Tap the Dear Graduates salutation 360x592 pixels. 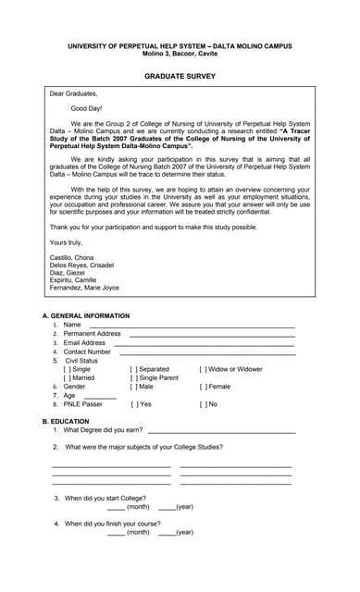tap(73, 93)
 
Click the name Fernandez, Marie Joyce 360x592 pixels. tap(84, 288)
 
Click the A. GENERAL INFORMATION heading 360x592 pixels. tap(86, 315)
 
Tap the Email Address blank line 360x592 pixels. tap(204, 343)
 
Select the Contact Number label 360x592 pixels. tap(87, 351)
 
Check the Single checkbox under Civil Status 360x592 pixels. tap(68, 369)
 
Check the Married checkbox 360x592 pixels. tap(68, 377)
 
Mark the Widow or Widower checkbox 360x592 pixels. tap(204, 369)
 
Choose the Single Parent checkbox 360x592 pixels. tap(134, 377)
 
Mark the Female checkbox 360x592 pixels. tap(204, 387)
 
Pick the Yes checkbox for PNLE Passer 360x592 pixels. tap(134, 404)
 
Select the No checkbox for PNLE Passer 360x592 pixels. tap(204, 404)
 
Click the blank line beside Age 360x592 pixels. tap(100, 397)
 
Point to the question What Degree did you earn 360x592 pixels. tap(103, 430)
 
